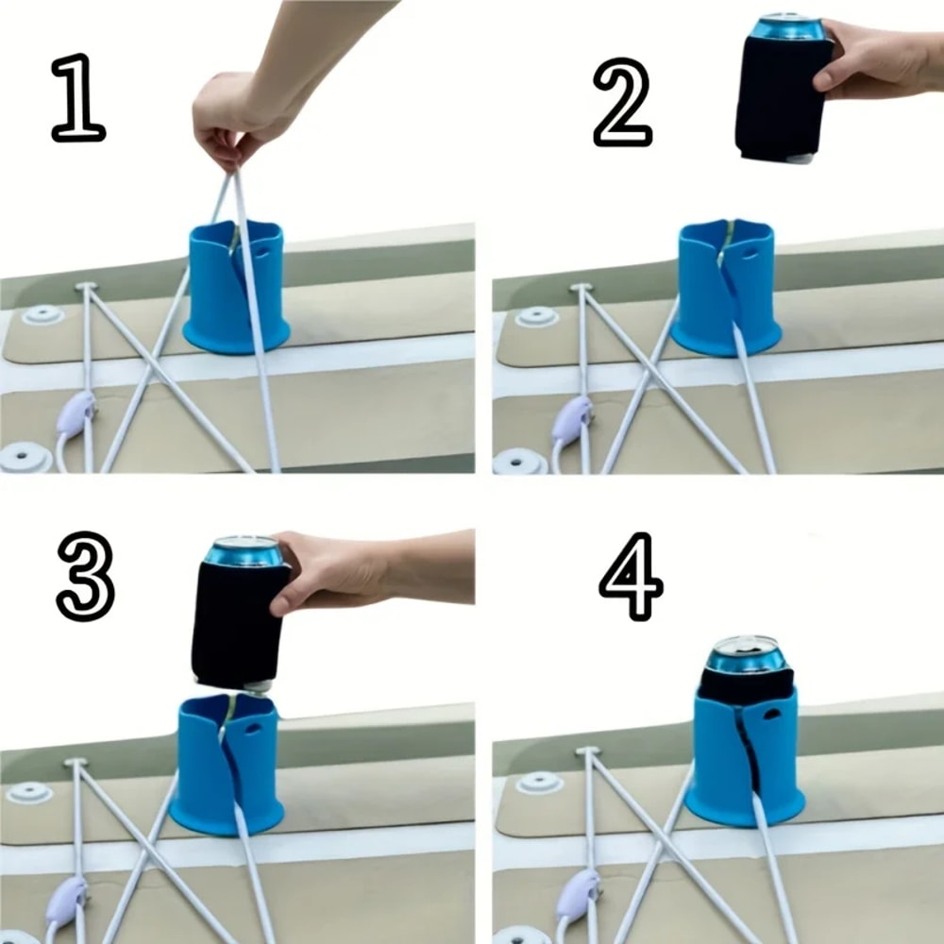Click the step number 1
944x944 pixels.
(77, 98)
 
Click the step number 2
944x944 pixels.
(622, 103)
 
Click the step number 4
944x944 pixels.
(631, 577)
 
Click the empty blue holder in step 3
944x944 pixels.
(227, 765)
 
